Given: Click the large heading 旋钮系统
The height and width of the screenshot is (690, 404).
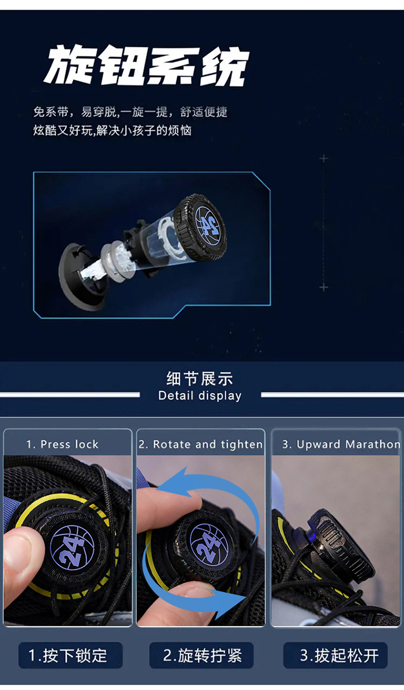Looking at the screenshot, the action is coord(147,66).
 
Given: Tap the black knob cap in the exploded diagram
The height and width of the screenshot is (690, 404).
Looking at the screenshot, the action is coord(199,227).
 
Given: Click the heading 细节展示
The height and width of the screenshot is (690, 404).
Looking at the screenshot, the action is coord(200,379).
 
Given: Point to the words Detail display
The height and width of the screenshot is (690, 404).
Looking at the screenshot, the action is coord(200,396).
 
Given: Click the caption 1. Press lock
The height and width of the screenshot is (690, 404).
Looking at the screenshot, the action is coord(62,444).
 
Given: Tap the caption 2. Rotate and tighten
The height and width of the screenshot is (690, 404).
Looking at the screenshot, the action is coord(200,444).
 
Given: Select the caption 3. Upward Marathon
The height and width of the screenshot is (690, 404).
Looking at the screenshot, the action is coord(341,444).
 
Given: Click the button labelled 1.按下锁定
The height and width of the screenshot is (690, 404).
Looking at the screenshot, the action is coord(71,656).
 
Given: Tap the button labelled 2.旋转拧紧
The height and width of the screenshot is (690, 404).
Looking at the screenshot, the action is coord(201,656).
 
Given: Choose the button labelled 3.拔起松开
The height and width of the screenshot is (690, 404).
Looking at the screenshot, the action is coord(335,656).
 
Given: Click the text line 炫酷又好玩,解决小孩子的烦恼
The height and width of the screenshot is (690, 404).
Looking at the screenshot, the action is coord(113,130).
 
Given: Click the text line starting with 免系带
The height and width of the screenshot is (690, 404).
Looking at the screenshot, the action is coord(130,112).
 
